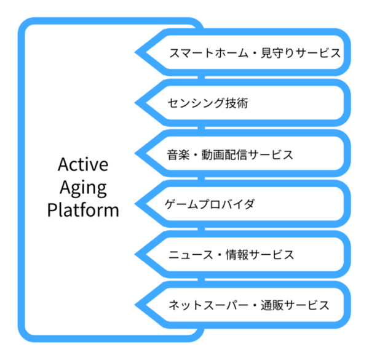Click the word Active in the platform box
click(82, 165)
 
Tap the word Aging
click(82, 188)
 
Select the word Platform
click(82, 210)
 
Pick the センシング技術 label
click(207, 103)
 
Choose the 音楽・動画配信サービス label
click(230, 154)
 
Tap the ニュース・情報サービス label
click(230, 254)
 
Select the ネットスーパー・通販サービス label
click(248, 304)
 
